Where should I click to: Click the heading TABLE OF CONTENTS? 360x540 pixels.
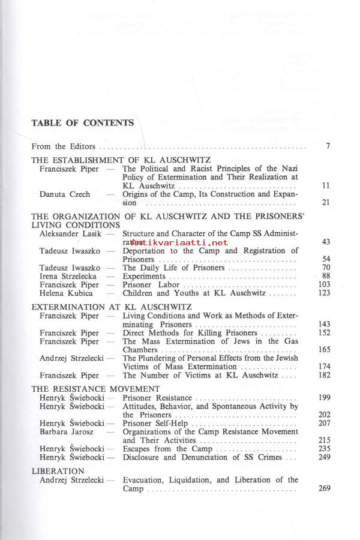click(x=83, y=123)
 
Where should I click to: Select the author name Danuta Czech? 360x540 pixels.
click(x=64, y=194)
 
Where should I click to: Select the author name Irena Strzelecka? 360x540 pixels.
click(x=70, y=276)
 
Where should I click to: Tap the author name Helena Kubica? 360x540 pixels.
click(x=66, y=293)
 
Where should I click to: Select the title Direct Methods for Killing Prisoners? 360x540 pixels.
click(x=190, y=332)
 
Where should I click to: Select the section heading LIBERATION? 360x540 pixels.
click(x=58, y=471)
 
